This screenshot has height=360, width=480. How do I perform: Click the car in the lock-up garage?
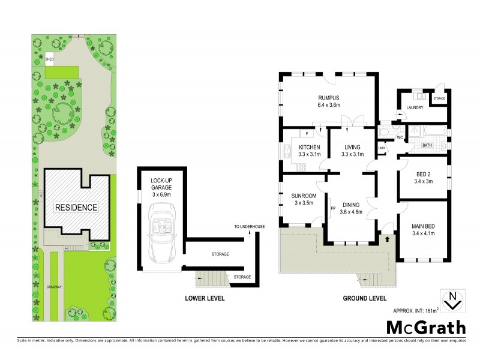[161, 227]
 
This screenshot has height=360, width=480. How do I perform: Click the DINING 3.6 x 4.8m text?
[352, 208]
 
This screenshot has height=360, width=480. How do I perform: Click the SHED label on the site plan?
[50, 59]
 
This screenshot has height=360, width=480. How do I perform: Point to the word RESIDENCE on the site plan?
[76, 208]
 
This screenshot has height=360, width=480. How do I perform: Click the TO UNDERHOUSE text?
[250, 227]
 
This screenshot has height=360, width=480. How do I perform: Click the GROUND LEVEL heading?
[364, 298]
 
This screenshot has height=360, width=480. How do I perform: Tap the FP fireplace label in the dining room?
[332, 209]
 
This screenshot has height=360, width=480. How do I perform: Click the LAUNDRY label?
[415, 108]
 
